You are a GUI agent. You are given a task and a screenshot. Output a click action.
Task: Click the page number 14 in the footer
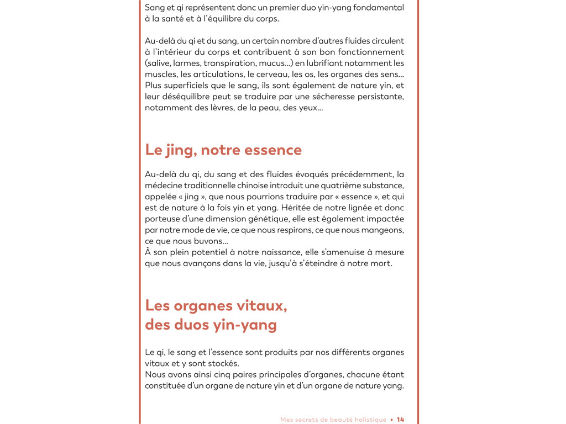pyautogui.click(x=400, y=420)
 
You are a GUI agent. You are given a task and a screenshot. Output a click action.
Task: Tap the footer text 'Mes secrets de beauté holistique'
pyautogui.click(x=333, y=420)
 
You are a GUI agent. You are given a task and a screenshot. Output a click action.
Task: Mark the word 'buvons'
pyautogui.click(x=208, y=241)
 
